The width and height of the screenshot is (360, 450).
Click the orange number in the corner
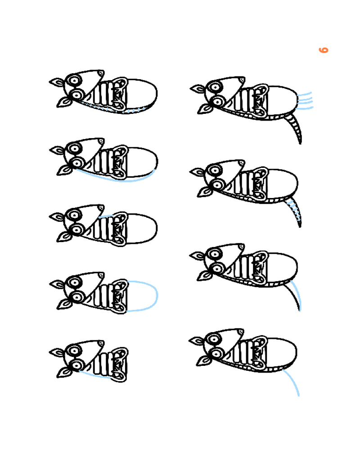(x=324, y=50)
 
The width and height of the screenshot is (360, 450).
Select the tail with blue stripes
(x=294, y=212)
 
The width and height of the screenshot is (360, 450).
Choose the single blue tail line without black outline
(x=293, y=381)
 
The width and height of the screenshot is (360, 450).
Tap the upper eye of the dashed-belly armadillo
(x=75, y=81)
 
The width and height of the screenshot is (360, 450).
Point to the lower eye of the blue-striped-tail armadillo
(x=218, y=184)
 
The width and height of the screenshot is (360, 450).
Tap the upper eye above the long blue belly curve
(x=75, y=148)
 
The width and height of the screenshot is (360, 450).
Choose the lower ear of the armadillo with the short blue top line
(x=64, y=237)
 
